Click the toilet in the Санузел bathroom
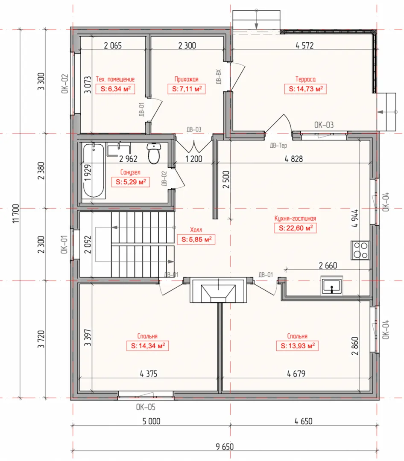pyautogui.click(x=153, y=153)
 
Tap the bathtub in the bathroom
pyautogui.click(x=93, y=170)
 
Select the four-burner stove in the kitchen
pyautogui.click(x=360, y=250)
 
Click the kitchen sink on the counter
pyautogui.click(x=332, y=285)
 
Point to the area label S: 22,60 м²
pyautogui.click(x=296, y=228)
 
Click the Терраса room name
pyautogui.click(x=305, y=79)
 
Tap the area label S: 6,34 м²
pyautogui.click(x=115, y=89)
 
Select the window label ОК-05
pyautogui.click(x=145, y=407)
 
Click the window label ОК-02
pyautogui.click(x=65, y=84)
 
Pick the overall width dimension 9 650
pyautogui.click(x=225, y=447)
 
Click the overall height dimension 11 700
pyautogui.click(x=16, y=214)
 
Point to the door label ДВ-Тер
pyautogui.click(x=278, y=145)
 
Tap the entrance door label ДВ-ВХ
pyautogui.click(x=218, y=77)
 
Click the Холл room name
pyautogui.click(x=196, y=230)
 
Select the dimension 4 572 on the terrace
pyautogui.click(x=305, y=45)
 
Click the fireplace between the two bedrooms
pyautogui.click(x=218, y=290)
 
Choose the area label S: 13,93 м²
pyautogui.click(x=298, y=346)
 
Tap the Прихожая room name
pyautogui.click(x=187, y=79)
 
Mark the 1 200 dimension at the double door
pyautogui.click(x=193, y=159)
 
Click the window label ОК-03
pyautogui.click(x=324, y=125)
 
